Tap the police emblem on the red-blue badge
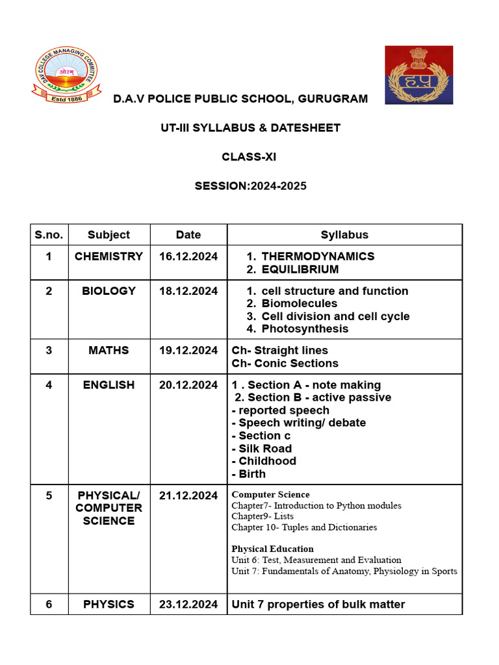pyautogui.click(x=418, y=75)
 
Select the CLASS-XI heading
pyautogui.click(x=249, y=157)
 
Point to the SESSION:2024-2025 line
pyautogui.click(x=250, y=186)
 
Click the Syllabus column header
pyautogui.click(x=344, y=235)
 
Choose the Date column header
pyautogui.click(x=188, y=235)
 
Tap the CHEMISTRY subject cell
pyautogui.click(x=109, y=257)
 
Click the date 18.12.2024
pyautogui.click(x=188, y=291)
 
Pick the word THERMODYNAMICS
pyautogui.click(x=318, y=257)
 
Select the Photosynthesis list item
pyautogui.click(x=305, y=329)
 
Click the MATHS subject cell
pyautogui.click(x=109, y=351)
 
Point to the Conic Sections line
pyautogui.click(x=285, y=363)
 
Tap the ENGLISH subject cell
pyautogui.click(x=109, y=385)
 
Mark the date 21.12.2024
pyautogui.click(x=188, y=496)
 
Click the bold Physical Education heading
pyautogui.click(x=272, y=549)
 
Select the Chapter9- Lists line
pyautogui.click(x=262, y=516)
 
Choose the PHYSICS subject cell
pyautogui.click(x=109, y=605)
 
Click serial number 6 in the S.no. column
pyautogui.click(x=49, y=605)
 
